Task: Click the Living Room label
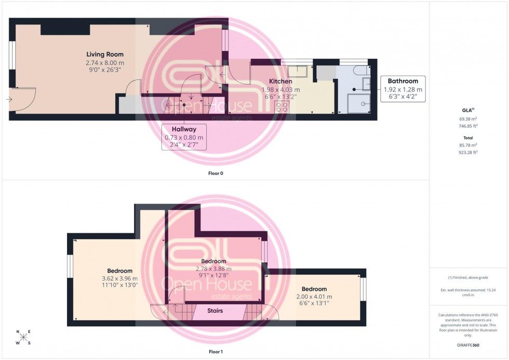pos(105,55)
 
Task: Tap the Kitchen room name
pos(280,82)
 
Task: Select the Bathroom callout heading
pos(403,81)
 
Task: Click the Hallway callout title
pos(184,129)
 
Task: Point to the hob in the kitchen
pos(282,106)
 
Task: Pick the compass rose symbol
pos(23,338)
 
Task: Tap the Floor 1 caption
pos(215,352)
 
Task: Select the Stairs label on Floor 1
pos(215,311)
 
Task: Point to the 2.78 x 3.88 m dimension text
pos(213,269)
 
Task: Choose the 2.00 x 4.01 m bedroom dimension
pos(314,297)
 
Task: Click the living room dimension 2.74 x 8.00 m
pos(105,62)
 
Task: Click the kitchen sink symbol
pos(298,72)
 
